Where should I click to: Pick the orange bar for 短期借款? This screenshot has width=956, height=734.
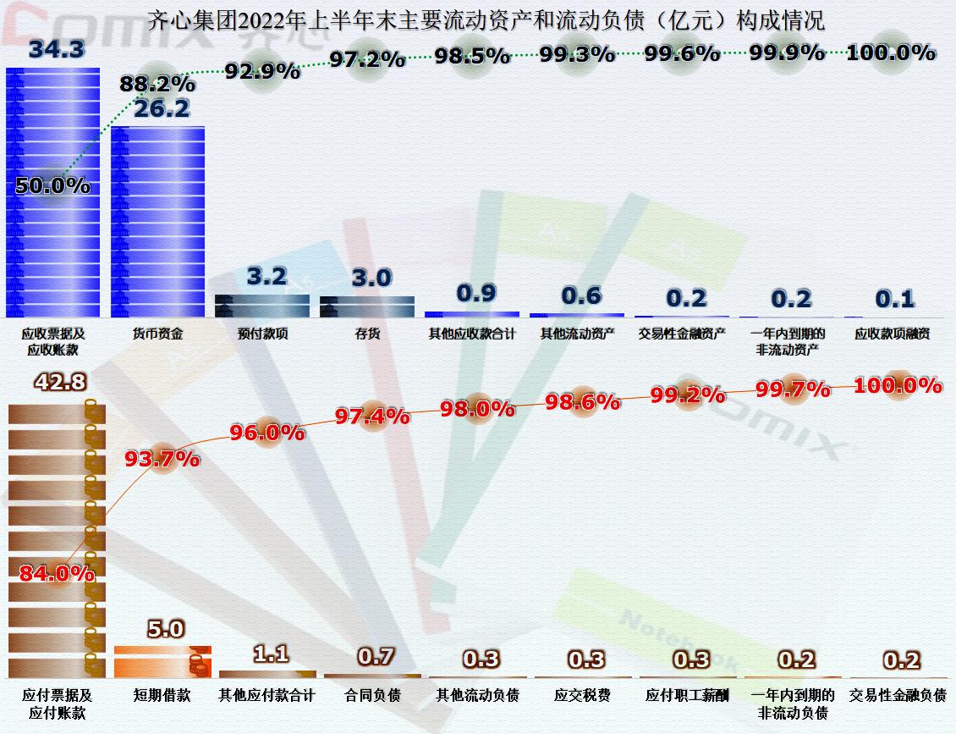coord(162,661)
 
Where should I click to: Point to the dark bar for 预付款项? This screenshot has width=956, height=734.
coord(263,306)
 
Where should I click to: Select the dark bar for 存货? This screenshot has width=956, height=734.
coord(367,306)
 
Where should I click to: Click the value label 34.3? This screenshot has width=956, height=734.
coord(56,49)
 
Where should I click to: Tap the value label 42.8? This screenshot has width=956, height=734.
coord(59,383)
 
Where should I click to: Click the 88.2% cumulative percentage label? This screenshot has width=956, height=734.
coord(157,85)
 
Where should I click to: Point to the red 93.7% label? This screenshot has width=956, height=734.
coord(162,459)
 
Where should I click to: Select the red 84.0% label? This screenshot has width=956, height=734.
coord(57,573)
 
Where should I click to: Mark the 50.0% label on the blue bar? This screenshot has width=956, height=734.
coord(52,185)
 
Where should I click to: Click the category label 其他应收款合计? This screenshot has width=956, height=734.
coord(472,334)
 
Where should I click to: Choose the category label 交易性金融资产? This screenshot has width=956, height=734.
coord(682,334)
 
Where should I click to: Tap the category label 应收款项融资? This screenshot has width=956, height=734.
coord(893,334)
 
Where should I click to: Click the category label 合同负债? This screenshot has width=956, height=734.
coord(372,695)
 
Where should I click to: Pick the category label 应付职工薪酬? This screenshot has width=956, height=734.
coord(687,695)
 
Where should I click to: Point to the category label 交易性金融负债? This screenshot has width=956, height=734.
coord(898,695)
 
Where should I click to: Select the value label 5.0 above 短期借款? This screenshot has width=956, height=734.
coord(165,629)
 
